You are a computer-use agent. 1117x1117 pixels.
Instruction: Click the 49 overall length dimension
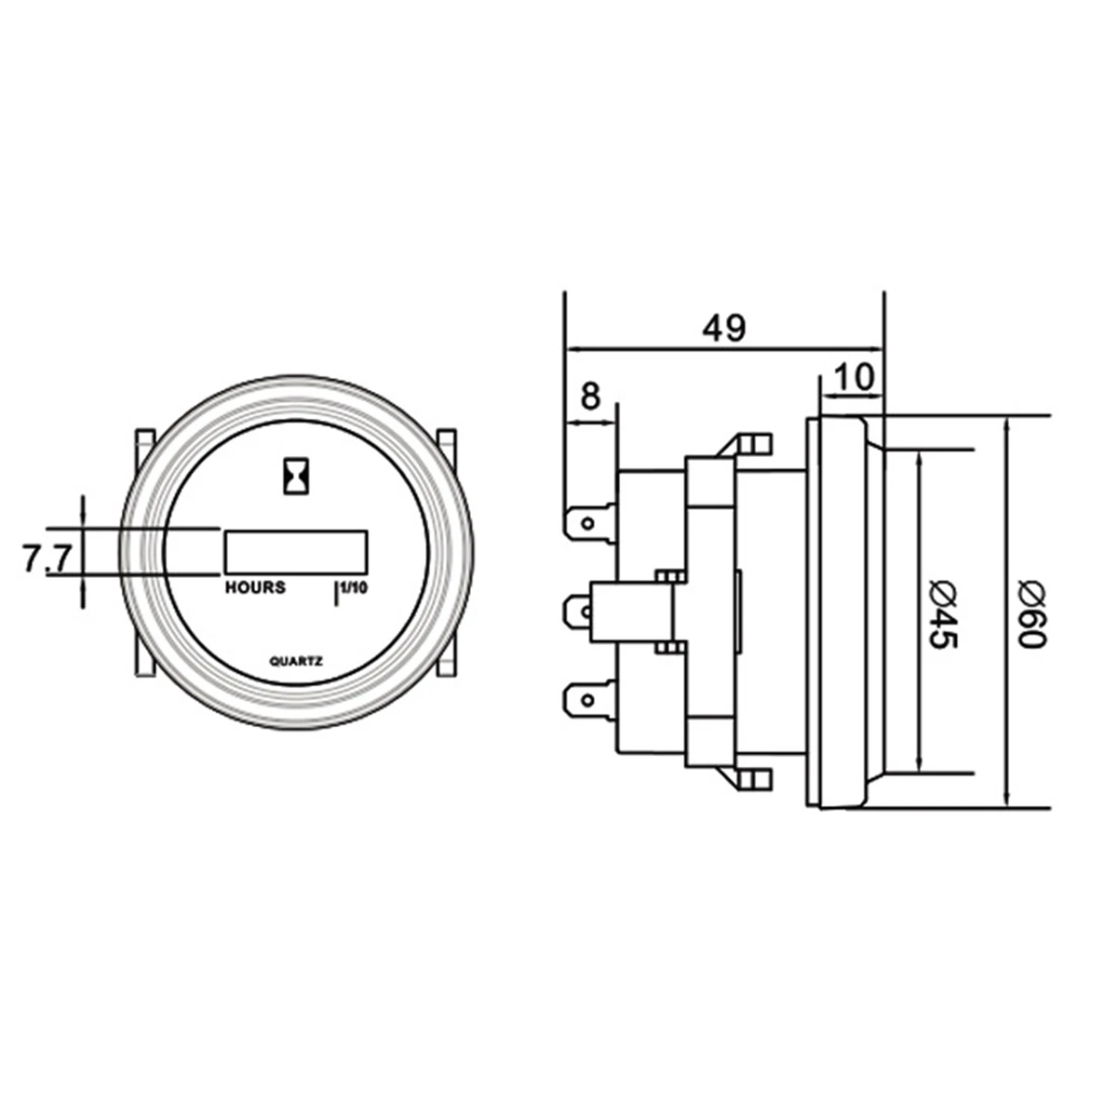coord(724,328)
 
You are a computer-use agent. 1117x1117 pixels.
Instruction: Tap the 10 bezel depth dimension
coord(854,377)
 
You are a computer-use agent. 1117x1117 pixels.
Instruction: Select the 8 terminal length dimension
coord(590,396)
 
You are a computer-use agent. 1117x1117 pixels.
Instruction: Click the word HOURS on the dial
coord(255,588)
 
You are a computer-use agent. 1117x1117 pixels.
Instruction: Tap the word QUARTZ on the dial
coord(296,662)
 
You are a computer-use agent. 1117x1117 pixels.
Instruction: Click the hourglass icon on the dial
coord(296,476)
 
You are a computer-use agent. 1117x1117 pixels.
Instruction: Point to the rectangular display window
coord(296,551)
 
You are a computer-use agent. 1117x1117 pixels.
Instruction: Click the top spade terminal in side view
coord(589,521)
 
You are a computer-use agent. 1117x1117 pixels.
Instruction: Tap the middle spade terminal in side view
coord(589,612)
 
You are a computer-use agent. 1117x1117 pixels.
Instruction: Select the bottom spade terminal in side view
coord(589,700)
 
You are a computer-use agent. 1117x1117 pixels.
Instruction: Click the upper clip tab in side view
coord(754,443)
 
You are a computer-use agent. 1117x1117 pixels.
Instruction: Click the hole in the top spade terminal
coord(585,521)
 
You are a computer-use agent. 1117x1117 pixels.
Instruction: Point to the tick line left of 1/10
coord(335,594)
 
